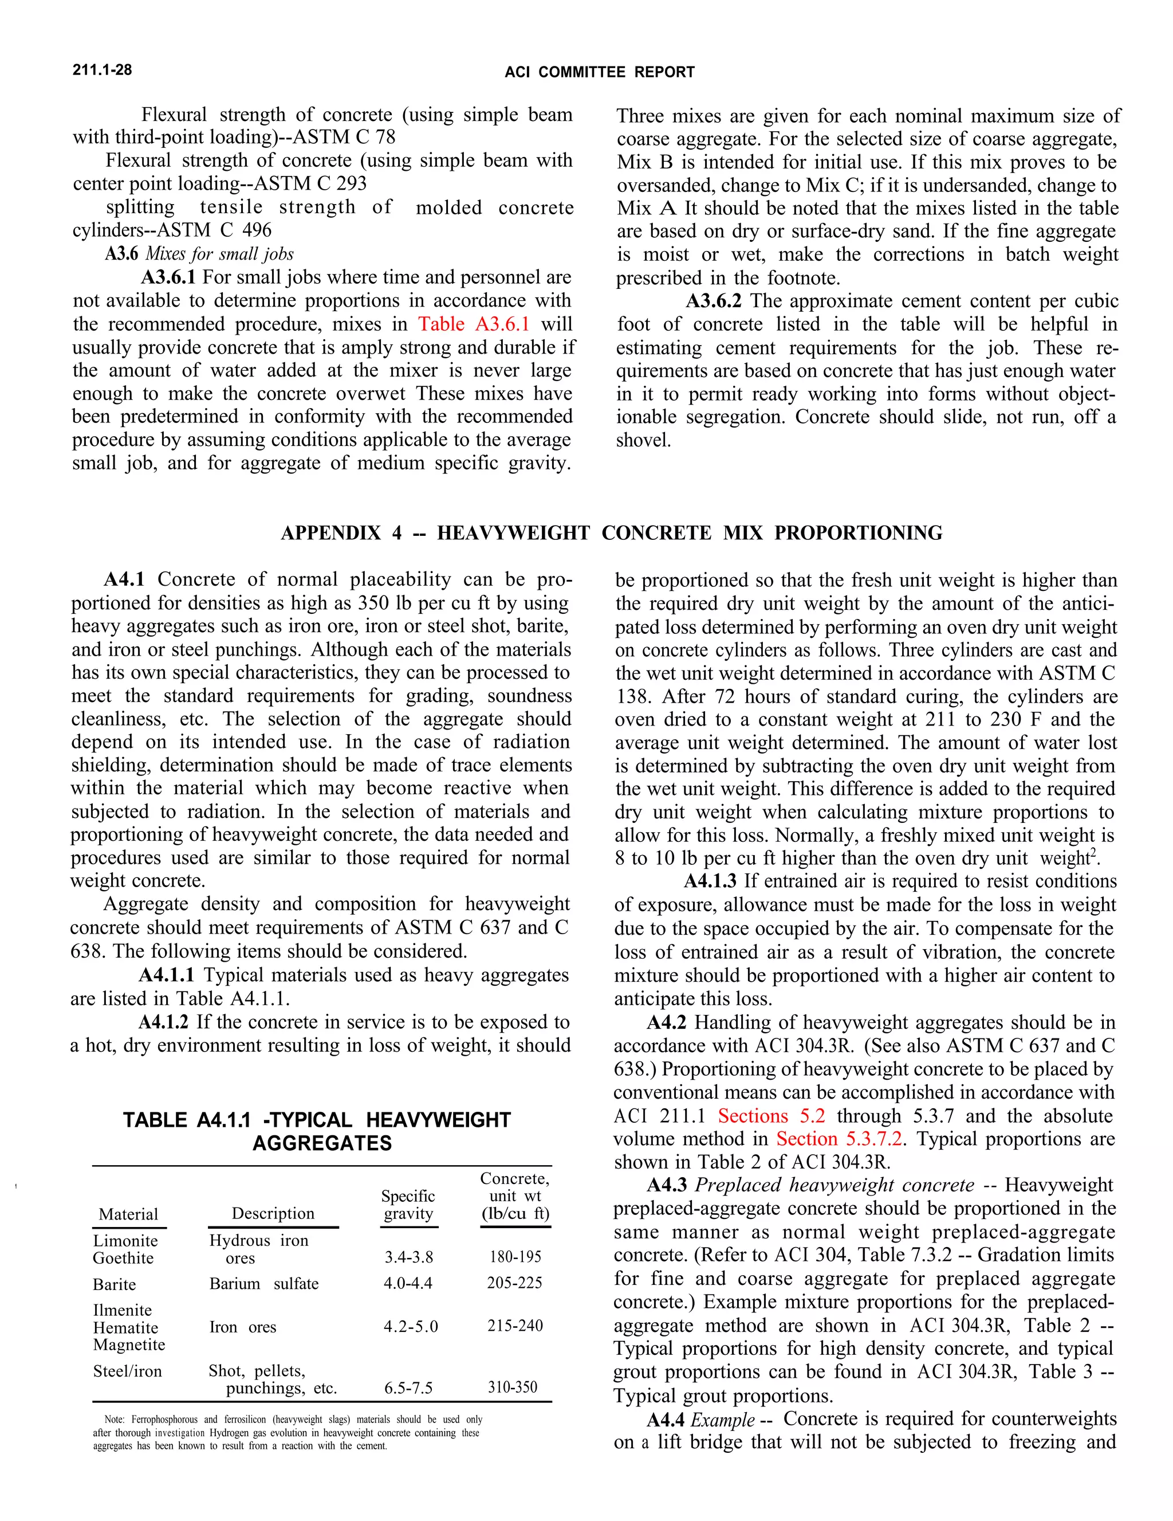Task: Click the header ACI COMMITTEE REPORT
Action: coord(599,72)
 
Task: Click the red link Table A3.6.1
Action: coord(473,324)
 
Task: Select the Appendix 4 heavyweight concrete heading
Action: coord(611,533)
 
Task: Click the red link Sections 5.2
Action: coord(771,1116)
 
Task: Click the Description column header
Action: coord(273,1213)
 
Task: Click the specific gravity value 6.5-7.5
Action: coord(408,1388)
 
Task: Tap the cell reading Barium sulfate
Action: coord(264,1284)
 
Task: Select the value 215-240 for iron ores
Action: coord(514,1326)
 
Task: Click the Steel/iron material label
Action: coord(127,1371)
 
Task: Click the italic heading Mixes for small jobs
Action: coord(219,254)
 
